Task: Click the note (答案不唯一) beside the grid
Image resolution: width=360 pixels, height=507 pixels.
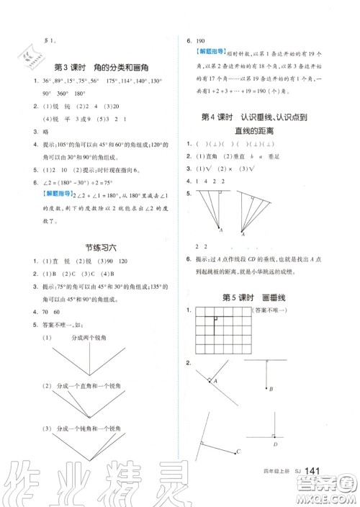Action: click(270, 310)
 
